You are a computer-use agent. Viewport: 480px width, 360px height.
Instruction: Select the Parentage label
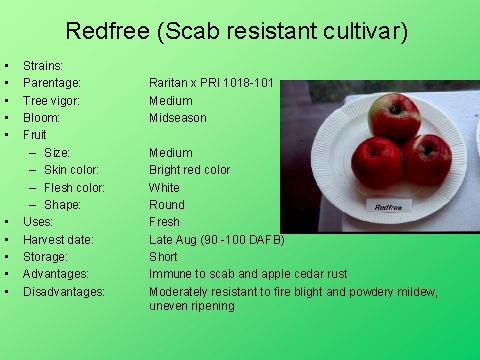point(52,83)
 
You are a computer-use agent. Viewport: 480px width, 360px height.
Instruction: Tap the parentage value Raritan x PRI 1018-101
point(211,83)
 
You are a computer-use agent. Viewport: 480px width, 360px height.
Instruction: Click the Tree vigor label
point(52,100)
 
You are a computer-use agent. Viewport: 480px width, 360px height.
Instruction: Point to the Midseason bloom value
point(177,118)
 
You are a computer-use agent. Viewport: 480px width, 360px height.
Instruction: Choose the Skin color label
point(75,170)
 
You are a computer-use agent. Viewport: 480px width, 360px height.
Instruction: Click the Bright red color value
point(189,170)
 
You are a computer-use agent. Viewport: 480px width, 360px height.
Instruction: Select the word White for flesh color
point(164,187)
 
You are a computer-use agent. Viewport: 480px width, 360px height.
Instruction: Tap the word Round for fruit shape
point(165,204)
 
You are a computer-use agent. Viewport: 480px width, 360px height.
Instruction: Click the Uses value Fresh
point(164,222)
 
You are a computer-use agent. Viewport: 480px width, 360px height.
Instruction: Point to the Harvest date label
point(58,239)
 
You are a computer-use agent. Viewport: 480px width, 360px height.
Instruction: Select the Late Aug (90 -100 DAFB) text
point(216,239)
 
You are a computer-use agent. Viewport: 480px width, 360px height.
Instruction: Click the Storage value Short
point(163,256)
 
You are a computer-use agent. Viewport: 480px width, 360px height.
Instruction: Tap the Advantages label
point(56,273)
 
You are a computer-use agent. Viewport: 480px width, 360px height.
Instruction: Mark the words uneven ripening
point(191,306)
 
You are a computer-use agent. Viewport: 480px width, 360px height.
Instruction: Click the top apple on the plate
point(393,116)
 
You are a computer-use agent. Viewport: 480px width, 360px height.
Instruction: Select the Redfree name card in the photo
point(388,207)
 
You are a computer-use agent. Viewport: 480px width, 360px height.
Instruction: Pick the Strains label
point(43,66)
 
